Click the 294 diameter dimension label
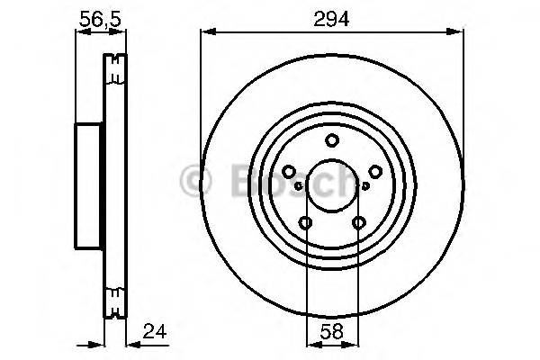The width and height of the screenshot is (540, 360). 332,16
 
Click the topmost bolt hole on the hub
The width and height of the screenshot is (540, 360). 332,139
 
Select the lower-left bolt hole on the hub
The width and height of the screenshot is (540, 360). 306,223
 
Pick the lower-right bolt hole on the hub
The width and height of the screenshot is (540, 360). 358,223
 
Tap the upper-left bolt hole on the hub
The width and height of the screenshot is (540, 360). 289,172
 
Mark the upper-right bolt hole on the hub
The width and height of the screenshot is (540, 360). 375,172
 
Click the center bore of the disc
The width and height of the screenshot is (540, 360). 332,185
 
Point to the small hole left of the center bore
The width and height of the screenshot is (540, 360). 298,186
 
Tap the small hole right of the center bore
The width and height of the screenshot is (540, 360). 365,186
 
